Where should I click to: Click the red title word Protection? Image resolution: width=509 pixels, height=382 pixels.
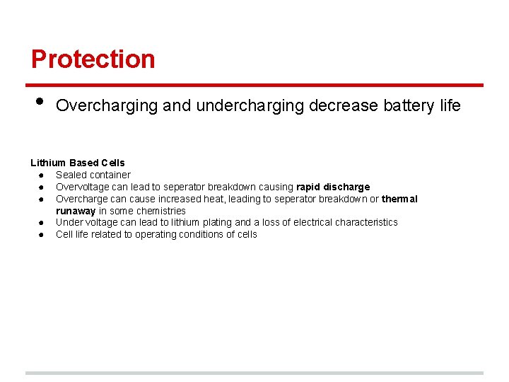pos(93,59)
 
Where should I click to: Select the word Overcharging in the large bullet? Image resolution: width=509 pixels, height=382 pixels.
pos(107,106)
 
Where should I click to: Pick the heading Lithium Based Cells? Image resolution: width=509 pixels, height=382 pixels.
pos(77,163)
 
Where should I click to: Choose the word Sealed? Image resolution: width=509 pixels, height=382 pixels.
pos(71,175)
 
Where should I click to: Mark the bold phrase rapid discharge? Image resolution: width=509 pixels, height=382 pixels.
pos(333,187)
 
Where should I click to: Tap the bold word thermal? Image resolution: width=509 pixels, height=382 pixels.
pos(399,199)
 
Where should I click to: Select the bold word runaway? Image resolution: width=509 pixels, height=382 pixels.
pos(76,211)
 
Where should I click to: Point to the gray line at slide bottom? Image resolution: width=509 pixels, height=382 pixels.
pos(255,373)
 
